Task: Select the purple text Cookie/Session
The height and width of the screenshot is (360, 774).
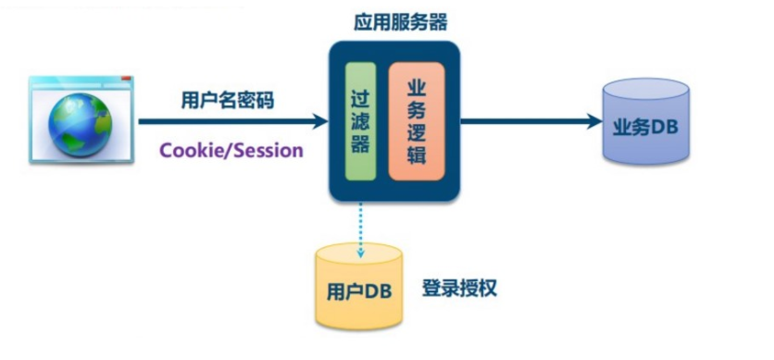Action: pyautogui.click(x=231, y=150)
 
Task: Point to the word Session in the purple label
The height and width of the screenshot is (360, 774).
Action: pyautogui.click(x=267, y=150)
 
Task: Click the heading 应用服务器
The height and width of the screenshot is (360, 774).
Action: pyautogui.click(x=393, y=22)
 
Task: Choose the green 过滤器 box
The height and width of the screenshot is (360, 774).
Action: pyautogui.click(x=360, y=120)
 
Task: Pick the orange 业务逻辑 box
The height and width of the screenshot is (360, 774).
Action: pyautogui.click(x=416, y=120)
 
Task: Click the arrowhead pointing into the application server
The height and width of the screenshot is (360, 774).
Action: pyautogui.click(x=321, y=121)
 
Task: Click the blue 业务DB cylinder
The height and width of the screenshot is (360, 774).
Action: pyautogui.click(x=645, y=121)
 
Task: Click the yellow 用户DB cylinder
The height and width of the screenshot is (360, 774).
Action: pyautogui.click(x=359, y=288)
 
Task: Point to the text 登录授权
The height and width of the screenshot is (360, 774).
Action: pyautogui.click(x=460, y=288)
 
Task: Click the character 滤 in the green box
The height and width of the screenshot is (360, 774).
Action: pyautogui.click(x=360, y=120)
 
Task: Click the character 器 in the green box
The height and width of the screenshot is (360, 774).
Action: pyautogui.click(x=360, y=144)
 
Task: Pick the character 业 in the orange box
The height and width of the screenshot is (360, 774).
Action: pyautogui.click(x=416, y=86)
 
